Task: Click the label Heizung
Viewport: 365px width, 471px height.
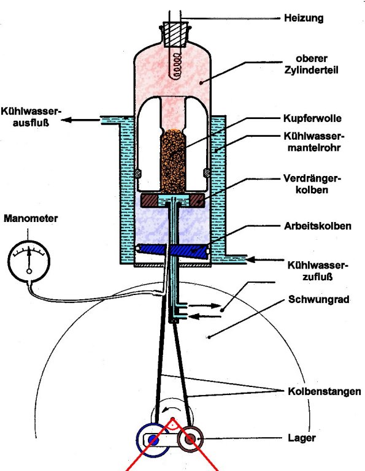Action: pyautogui.click(x=304, y=18)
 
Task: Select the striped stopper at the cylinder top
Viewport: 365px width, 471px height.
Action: pyautogui.click(x=175, y=34)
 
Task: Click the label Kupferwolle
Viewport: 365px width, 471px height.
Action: pyautogui.click(x=312, y=118)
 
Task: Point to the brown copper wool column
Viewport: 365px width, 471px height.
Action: pyautogui.click(x=173, y=161)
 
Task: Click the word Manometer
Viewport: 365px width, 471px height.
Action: pyautogui.click(x=31, y=218)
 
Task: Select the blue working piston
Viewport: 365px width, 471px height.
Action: pyautogui.click(x=172, y=251)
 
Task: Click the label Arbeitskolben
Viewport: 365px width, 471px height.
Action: pyautogui.click(x=318, y=226)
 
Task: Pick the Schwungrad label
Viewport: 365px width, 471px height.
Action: pyautogui.click(x=319, y=299)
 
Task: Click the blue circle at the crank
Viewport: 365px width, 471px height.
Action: pyautogui.click(x=153, y=440)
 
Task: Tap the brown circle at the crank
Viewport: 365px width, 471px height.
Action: pyautogui.click(x=190, y=440)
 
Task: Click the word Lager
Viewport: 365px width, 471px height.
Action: pyautogui.click(x=302, y=438)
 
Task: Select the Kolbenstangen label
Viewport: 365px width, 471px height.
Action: pyautogui.click(x=325, y=391)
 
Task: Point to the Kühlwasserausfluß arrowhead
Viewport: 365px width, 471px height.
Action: pyautogui.click(x=66, y=120)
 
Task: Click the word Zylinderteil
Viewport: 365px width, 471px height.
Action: pyautogui.click(x=311, y=70)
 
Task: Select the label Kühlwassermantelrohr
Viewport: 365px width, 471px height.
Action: pyautogui.click(x=313, y=142)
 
